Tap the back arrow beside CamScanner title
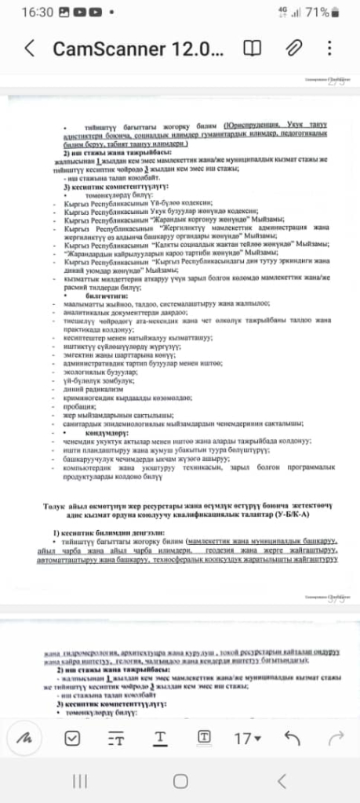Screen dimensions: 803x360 click(x=30, y=49)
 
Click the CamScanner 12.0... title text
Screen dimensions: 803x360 click(x=138, y=49)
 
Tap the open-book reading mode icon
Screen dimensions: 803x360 click(x=253, y=49)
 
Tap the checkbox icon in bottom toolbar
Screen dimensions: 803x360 click(x=72, y=737)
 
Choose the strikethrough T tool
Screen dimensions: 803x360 click(x=116, y=737)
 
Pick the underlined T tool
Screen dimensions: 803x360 click(x=160, y=737)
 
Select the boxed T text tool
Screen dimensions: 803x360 click(x=203, y=737)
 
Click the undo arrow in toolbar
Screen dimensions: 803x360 click(x=293, y=737)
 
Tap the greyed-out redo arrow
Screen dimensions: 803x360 click(x=336, y=737)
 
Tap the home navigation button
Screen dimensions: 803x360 click(x=180, y=780)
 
